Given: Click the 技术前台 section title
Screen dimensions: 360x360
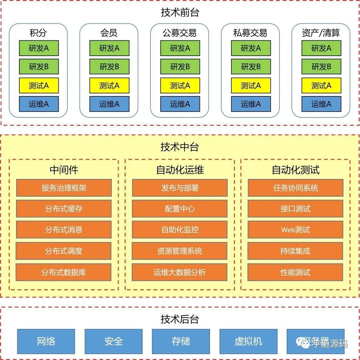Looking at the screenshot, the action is click(x=180, y=13).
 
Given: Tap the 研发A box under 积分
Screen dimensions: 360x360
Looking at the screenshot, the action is click(x=39, y=48).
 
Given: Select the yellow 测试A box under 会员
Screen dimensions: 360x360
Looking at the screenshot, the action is click(x=109, y=85).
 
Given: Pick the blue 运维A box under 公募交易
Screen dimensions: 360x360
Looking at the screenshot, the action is click(x=180, y=104).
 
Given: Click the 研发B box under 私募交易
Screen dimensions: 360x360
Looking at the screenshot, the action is click(x=251, y=67).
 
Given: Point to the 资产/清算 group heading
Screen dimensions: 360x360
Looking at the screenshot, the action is click(x=321, y=33).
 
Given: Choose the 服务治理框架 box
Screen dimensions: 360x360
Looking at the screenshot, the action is click(x=64, y=188).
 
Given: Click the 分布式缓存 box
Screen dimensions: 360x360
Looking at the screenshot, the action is click(x=64, y=209).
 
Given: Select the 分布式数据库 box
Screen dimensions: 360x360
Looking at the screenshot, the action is click(x=64, y=272).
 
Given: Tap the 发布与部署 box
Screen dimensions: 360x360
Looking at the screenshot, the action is click(x=180, y=188).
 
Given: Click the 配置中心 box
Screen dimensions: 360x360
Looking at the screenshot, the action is click(x=180, y=209).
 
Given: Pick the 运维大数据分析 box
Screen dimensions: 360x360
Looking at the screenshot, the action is click(x=180, y=272).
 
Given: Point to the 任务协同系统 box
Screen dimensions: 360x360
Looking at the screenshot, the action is click(x=295, y=188).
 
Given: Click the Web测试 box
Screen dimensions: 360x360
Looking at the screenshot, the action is click(x=295, y=230).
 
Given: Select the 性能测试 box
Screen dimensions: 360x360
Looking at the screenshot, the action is click(x=295, y=272).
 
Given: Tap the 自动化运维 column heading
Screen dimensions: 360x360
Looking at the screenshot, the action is click(x=180, y=170).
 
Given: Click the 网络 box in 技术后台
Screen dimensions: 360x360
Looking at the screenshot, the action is click(x=46, y=341).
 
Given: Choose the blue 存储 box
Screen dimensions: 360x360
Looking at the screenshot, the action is click(x=181, y=341).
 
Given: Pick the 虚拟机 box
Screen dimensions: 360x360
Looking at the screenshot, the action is click(x=248, y=341).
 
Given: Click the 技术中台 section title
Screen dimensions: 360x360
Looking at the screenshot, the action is click(x=180, y=147).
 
